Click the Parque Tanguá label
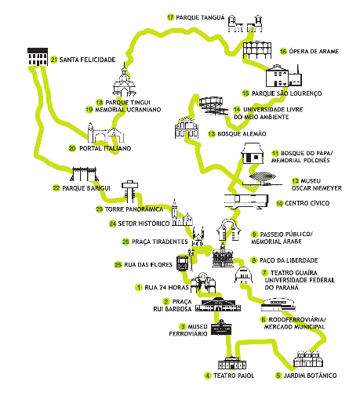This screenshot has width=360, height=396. pos(200,17)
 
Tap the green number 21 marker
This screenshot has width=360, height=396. pos(54,60)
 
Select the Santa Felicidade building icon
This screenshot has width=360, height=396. pos(38,56)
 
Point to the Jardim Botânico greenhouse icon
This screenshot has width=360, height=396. pos(308,359)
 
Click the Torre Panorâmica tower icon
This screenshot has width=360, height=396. pos(129,191)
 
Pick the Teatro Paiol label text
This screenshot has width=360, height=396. pos(234,376)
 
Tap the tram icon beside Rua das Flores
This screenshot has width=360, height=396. pos(183,263)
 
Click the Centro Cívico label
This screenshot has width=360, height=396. pos(307,203)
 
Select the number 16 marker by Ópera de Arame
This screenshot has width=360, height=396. pos(283,51)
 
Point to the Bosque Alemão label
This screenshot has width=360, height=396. pos(242,134)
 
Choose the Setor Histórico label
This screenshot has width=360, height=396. pos(144,223)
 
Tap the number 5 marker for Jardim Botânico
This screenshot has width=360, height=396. pos(278,376)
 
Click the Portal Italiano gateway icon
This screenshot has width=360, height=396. pos(106,133)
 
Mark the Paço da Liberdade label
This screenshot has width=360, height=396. pos(289,260)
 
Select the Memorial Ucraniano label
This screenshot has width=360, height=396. pos(128,110)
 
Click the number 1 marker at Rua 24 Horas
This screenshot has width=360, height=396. pos(138,288)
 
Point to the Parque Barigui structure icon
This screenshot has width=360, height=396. pos(84,174)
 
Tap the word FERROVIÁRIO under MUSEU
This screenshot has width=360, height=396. pos(188,334)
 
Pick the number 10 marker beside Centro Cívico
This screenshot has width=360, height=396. pos(279,203)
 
